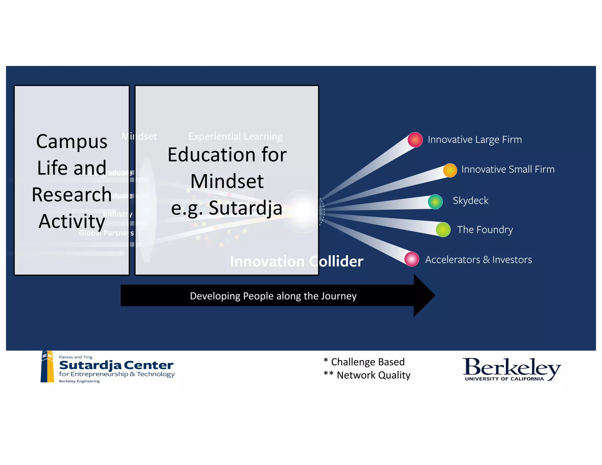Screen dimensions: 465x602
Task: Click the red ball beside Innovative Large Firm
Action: tap(415, 140)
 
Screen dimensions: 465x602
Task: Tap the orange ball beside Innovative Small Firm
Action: tap(450, 170)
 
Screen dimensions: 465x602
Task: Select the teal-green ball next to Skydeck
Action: tap(435, 202)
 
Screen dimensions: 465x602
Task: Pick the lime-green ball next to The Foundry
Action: tap(443, 230)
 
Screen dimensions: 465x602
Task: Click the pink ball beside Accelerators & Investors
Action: tap(412, 259)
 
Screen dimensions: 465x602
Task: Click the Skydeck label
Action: tap(470, 200)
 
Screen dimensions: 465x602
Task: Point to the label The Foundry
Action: tap(485, 230)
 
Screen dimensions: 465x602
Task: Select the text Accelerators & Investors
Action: tap(478, 260)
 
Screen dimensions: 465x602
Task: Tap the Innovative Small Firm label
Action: tap(508, 169)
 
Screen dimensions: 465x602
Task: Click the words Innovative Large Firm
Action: tap(474, 140)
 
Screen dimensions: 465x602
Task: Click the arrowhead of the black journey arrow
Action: tap(425, 295)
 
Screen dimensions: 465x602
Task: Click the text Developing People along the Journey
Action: tap(273, 296)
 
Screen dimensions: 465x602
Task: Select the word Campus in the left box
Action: tap(72, 141)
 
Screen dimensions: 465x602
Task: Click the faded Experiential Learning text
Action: tap(235, 136)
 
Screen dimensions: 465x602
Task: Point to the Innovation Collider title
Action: tap(296, 261)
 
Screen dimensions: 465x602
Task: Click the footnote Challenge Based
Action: tap(367, 362)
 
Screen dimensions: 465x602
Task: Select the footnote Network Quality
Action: tap(373, 375)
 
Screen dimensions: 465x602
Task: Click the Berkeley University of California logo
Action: tap(511, 369)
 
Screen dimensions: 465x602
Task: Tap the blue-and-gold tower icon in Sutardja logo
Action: tap(47, 367)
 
